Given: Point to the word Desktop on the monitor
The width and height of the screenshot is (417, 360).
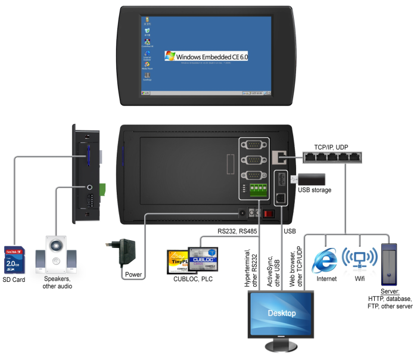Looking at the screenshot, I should pos(282,312).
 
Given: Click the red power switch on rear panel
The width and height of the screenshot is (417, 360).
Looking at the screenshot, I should pos(269,213).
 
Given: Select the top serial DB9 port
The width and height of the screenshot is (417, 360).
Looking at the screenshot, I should pos(253,144).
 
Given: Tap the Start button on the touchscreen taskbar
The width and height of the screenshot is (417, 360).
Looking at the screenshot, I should pos(144,93).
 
